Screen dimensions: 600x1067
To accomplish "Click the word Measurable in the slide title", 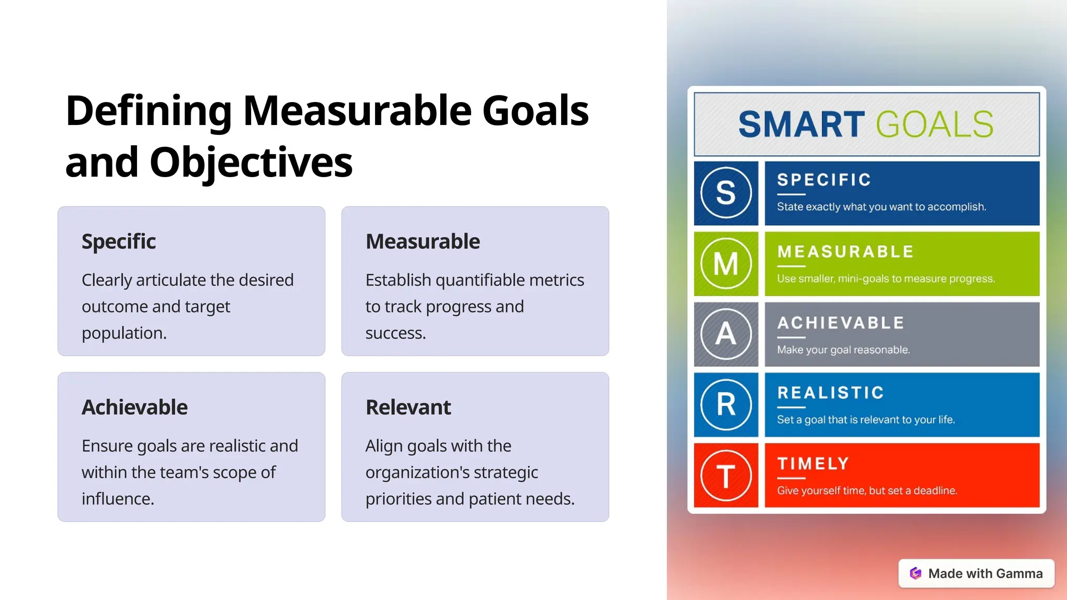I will coord(357,111).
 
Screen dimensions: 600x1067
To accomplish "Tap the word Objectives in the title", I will coord(251,162).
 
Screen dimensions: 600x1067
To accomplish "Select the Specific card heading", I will coord(119,242).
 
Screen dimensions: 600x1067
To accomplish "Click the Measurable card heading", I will coord(423,242).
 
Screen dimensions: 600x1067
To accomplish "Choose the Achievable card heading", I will coord(134,407).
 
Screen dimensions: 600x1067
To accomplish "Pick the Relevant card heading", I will coord(408,407).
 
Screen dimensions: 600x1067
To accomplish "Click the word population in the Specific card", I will coord(123,333).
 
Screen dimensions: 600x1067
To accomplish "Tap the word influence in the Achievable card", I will coord(117,499).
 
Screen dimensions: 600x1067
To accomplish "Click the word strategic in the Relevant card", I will coord(505,472).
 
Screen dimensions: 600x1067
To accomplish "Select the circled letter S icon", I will coord(726,193).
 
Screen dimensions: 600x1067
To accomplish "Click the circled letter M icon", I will coord(726,264).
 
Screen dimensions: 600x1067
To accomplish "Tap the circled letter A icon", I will coord(726,334).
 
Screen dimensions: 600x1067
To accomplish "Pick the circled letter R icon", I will coord(726,405).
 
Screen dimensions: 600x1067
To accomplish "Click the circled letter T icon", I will coord(726,476).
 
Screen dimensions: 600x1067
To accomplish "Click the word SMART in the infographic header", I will coord(801,124).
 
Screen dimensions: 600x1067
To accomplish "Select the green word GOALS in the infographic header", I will coord(935,124).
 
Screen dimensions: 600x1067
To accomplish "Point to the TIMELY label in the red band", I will coord(813,463).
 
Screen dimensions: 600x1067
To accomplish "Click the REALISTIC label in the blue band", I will coord(830,392).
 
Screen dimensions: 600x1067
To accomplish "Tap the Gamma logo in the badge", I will coord(915,573).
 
